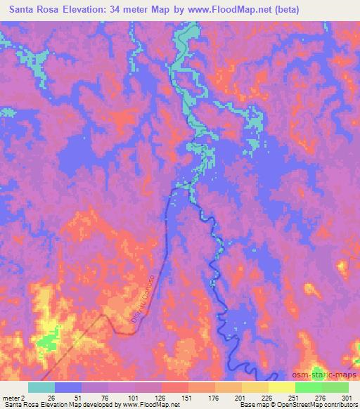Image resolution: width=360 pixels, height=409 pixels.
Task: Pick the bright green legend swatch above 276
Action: click(308, 387)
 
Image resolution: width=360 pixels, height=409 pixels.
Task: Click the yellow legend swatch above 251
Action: click(281, 387)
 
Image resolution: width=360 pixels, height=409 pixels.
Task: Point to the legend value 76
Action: click(96, 397)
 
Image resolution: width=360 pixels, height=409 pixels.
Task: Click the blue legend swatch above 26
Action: click(69, 387)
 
